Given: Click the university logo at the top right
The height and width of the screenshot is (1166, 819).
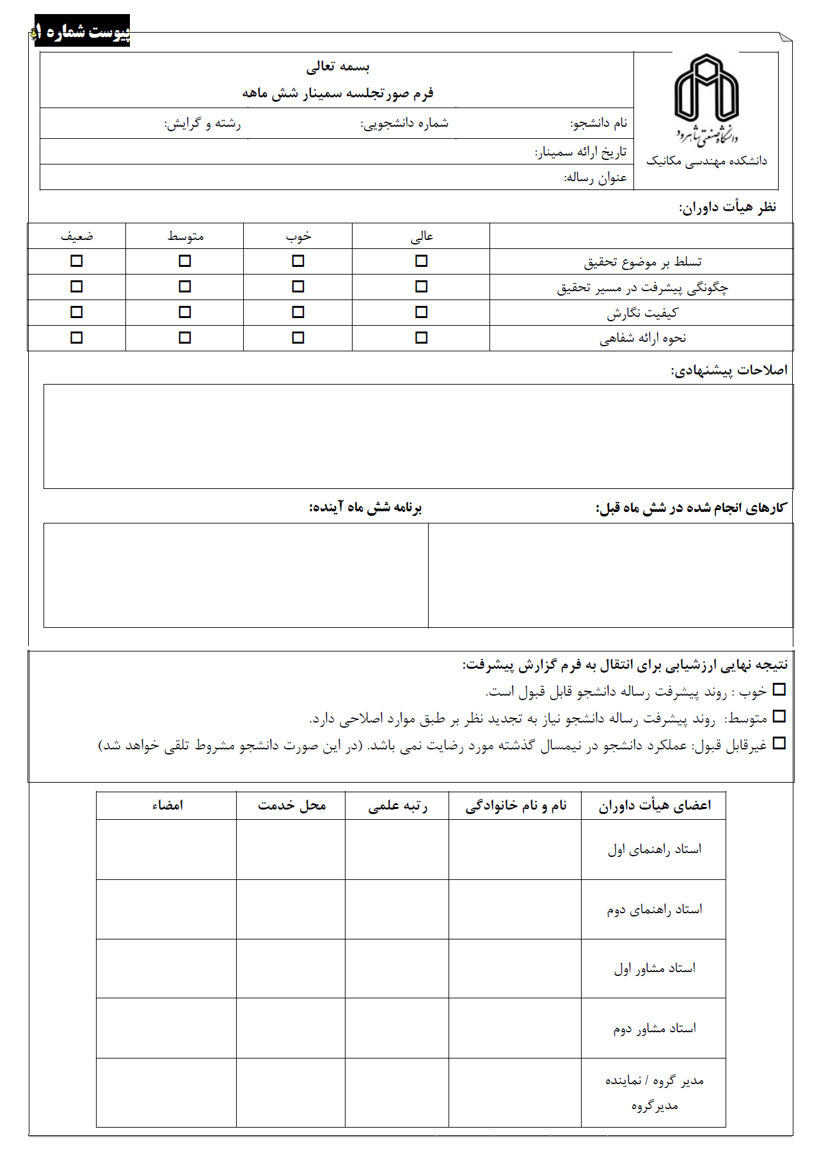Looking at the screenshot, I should pyautogui.click(x=706, y=99).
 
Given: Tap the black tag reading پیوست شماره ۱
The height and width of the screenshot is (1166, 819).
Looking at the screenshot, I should pyautogui.click(x=82, y=31).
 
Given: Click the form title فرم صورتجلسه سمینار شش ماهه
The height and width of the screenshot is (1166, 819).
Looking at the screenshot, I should pyautogui.click(x=338, y=93).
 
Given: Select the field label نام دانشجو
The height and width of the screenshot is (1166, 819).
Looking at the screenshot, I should pyautogui.click(x=599, y=124).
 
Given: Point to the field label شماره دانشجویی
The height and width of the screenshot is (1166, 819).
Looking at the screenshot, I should pyautogui.click(x=404, y=124).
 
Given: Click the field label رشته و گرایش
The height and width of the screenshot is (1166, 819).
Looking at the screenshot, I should pyautogui.click(x=202, y=124).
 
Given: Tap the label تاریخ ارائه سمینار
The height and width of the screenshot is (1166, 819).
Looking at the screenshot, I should pyautogui.click(x=580, y=152).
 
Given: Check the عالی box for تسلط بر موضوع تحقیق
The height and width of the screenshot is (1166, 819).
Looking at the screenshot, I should pyautogui.click(x=421, y=261).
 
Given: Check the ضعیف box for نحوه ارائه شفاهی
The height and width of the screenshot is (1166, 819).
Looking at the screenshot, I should pyautogui.click(x=77, y=337).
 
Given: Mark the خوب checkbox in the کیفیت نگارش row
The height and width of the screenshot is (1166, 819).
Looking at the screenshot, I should pyautogui.click(x=298, y=312).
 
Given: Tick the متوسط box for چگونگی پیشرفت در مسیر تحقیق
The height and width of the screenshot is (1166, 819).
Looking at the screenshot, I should pyautogui.click(x=185, y=287).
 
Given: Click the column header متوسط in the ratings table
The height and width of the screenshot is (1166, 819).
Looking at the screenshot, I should pyautogui.click(x=186, y=236).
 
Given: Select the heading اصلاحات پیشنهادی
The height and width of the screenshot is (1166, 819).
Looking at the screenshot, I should pyautogui.click(x=729, y=371).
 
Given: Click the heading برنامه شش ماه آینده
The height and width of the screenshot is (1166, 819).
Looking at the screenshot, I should pyautogui.click(x=365, y=507).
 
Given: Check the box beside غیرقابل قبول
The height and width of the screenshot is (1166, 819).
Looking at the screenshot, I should pyautogui.click(x=779, y=744).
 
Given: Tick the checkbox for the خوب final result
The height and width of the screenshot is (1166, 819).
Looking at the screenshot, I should pyautogui.click(x=779, y=690).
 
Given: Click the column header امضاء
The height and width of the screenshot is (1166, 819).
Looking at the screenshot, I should pyautogui.click(x=168, y=806).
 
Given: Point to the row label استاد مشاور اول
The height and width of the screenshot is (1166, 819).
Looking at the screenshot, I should pyautogui.click(x=654, y=969).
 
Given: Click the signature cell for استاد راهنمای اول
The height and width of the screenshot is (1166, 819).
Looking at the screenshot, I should pyautogui.click(x=166, y=850).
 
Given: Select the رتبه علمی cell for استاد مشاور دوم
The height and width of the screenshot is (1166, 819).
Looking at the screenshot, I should pyautogui.click(x=397, y=1028).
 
